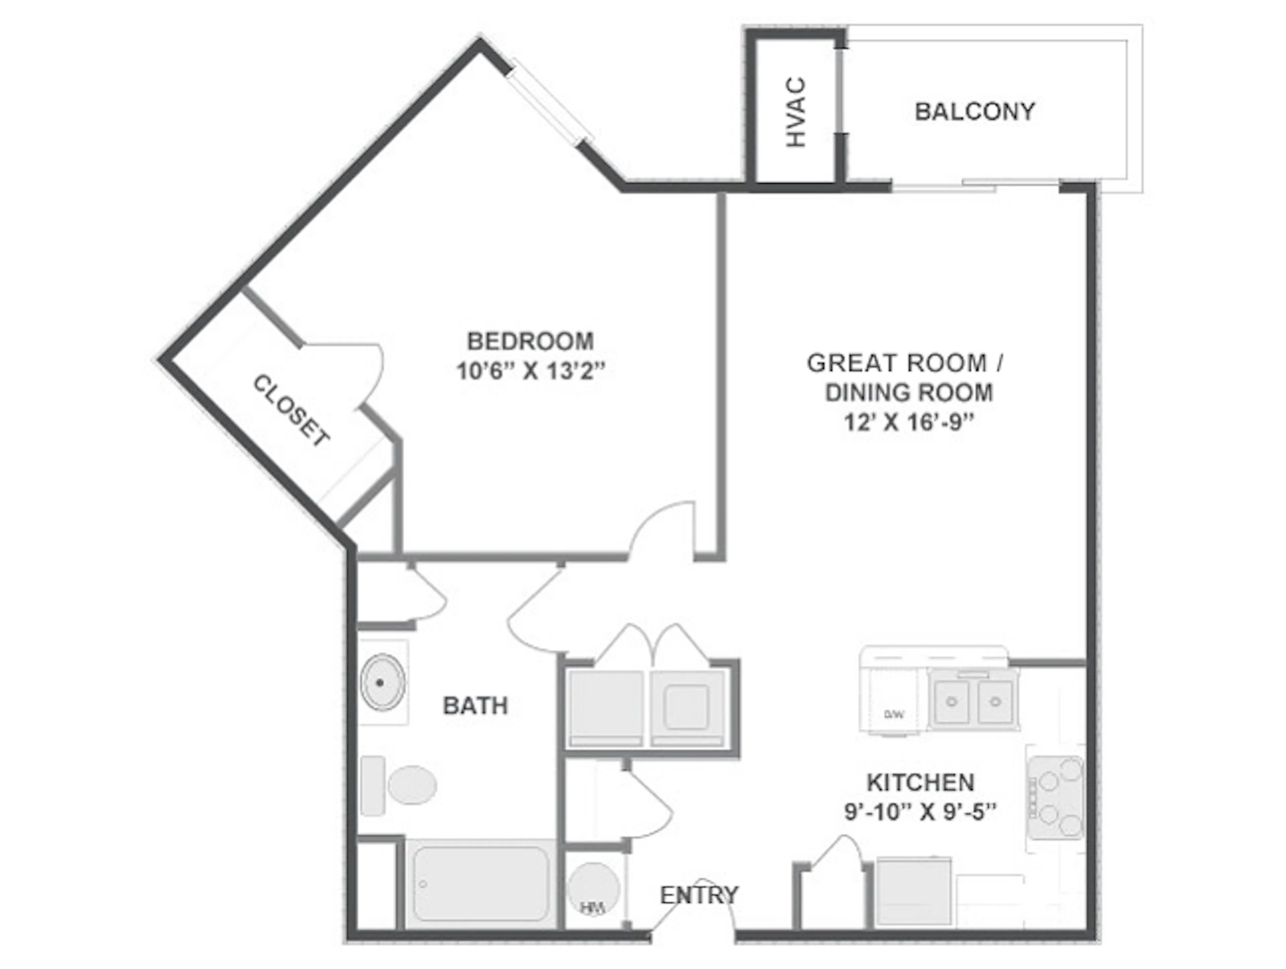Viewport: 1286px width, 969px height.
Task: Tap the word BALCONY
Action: (x=975, y=111)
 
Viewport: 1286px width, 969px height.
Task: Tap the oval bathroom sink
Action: (x=382, y=682)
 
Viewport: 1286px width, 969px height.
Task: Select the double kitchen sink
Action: (x=973, y=701)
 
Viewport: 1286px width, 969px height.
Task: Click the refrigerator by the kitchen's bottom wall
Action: (x=913, y=892)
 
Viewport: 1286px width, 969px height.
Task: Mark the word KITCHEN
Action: (x=920, y=783)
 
